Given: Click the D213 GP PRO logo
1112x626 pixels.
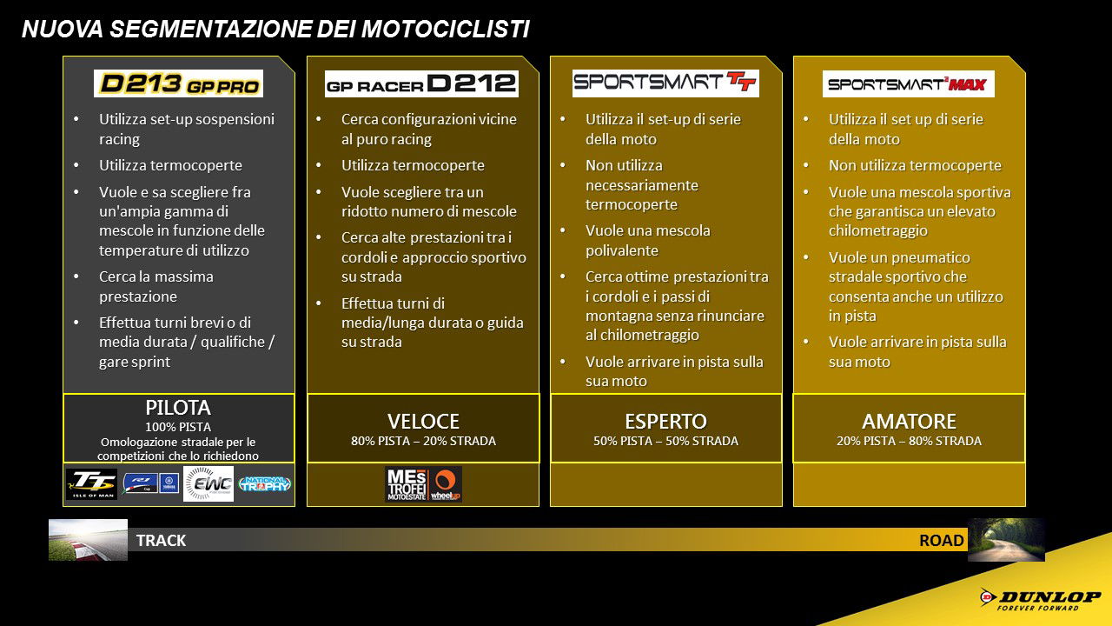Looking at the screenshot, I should click(178, 83).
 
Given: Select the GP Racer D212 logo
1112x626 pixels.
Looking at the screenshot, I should click(421, 83).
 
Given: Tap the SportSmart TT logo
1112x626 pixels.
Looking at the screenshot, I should click(665, 83).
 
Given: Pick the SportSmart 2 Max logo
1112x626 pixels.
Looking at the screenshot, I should click(908, 83).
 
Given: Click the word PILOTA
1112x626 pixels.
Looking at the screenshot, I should click(178, 408).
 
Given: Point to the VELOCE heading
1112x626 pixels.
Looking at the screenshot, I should click(423, 422).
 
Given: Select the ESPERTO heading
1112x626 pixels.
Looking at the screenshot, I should click(665, 422).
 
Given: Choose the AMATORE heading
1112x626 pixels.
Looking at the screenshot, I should click(909, 422).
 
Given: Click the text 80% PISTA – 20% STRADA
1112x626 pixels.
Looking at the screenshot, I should click(423, 442).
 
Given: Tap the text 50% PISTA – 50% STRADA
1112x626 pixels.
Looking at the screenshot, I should click(665, 442).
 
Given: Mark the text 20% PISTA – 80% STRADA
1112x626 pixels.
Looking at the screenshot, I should click(909, 442).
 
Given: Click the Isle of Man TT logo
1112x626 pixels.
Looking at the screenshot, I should click(91, 484).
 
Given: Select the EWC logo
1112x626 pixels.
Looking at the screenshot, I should click(208, 484).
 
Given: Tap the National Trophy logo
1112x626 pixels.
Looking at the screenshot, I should click(265, 484).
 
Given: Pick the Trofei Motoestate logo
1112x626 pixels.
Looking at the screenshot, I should click(406, 484).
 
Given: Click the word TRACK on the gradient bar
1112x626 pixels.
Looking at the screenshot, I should click(161, 541).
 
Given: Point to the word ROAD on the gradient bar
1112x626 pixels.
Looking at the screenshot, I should click(942, 541).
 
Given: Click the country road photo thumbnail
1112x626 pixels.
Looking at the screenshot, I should click(1006, 539).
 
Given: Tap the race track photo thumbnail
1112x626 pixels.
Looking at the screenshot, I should click(88, 539).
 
